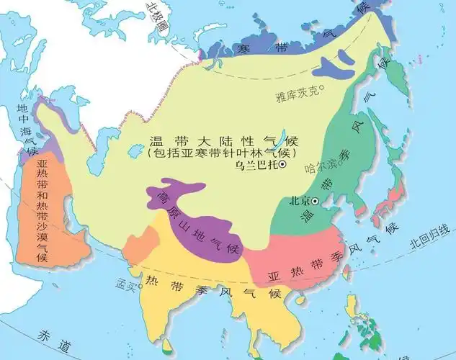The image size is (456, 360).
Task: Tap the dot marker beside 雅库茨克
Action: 322,89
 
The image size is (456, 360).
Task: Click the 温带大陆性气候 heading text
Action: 223,140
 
